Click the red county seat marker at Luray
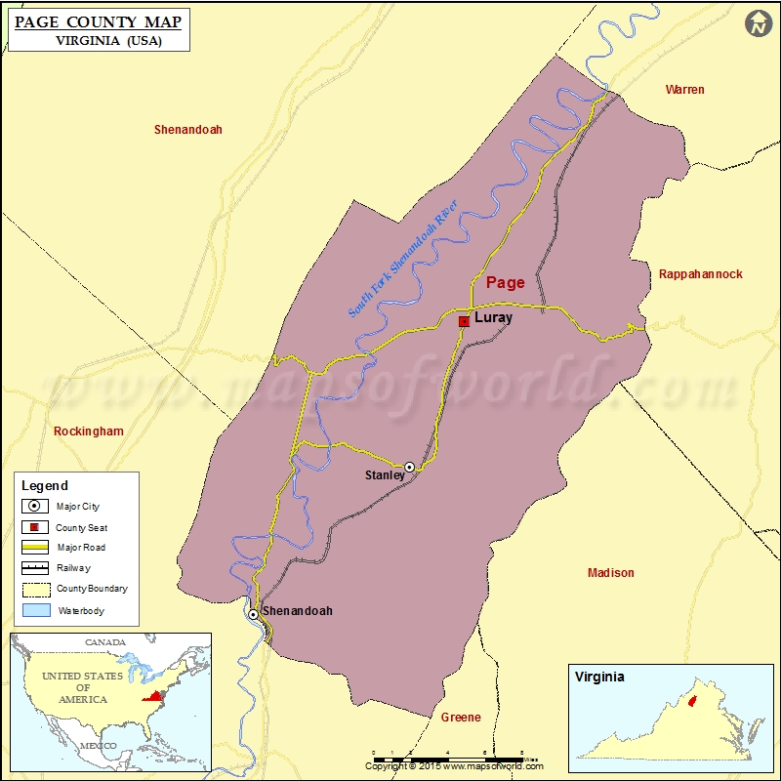pyautogui.click(x=464, y=320)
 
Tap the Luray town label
pyautogui.click(x=493, y=318)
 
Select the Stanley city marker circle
pyautogui.click(x=410, y=468)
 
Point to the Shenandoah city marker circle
pyautogui.click(x=253, y=614)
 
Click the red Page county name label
pyautogui.click(x=505, y=283)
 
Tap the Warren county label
pyautogui.click(x=684, y=90)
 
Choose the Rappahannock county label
pyautogui.click(x=700, y=274)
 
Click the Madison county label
pyautogui.click(x=610, y=573)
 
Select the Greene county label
pyautogui.click(x=461, y=718)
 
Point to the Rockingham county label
pyautogui.click(x=89, y=432)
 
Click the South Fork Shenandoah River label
pyautogui.click(x=402, y=259)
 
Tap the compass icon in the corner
pyautogui.click(x=759, y=24)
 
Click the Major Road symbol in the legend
pyautogui.click(x=34, y=548)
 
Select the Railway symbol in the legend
pyautogui.click(x=34, y=568)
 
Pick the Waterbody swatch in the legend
pyautogui.click(x=34, y=610)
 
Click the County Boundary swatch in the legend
pyautogui.click(x=34, y=590)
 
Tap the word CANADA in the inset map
pyautogui.click(x=104, y=642)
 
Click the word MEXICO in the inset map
pyautogui.click(x=98, y=746)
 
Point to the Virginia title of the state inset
pyautogui.click(x=599, y=677)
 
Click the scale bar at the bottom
pyautogui.click(x=449, y=756)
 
